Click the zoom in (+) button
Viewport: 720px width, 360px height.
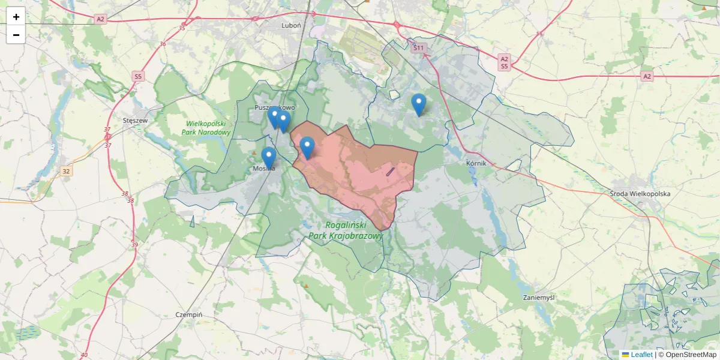coord(16,17)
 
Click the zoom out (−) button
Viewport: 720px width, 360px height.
coord(16,35)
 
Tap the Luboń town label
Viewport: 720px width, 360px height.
coord(291,26)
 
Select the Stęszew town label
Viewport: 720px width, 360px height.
coord(135,120)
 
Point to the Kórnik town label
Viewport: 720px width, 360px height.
coord(475,163)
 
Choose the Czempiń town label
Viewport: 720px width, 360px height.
coord(189,314)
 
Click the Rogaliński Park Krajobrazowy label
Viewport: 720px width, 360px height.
coord(346,230)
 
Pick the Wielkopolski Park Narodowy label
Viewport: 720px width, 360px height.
coord(206,128)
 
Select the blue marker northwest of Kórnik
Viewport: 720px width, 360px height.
coord(419,105)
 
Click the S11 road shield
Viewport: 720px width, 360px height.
coord(418,48)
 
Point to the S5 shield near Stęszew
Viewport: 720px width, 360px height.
coord(139,76)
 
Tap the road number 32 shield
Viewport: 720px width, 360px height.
coord(66,172)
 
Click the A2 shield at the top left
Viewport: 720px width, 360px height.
coord(100,19)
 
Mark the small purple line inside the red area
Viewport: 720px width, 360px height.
coord(391,172)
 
